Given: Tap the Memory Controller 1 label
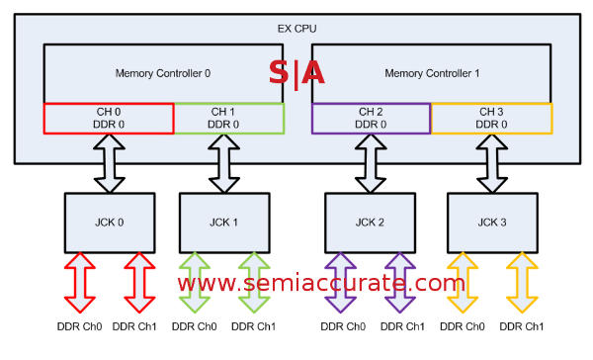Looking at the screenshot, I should (x=432, y=72).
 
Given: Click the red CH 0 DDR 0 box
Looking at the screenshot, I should (x=109, y=118).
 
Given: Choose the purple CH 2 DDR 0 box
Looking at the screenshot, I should (x=371, y=118).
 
